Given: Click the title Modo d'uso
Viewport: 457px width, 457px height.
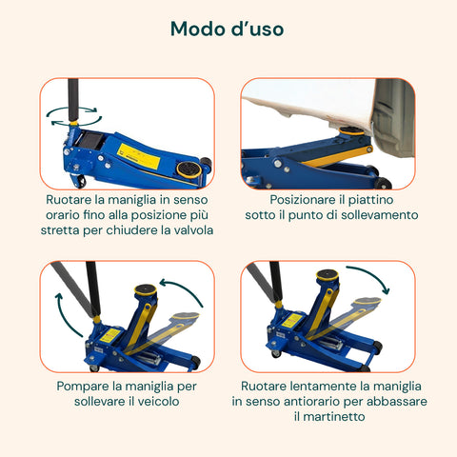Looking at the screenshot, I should tap(227, 29).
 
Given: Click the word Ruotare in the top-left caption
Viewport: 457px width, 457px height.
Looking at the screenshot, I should tap(74, 200).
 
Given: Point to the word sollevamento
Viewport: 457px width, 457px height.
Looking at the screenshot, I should tap(370, 215).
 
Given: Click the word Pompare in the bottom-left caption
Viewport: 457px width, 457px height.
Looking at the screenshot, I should tap(79, 387).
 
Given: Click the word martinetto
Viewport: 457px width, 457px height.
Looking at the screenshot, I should tap(330, 417).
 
